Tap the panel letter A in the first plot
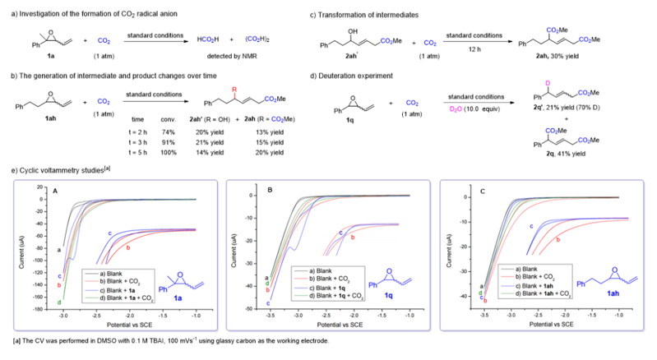pyautogui.click(x=54, y=192)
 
